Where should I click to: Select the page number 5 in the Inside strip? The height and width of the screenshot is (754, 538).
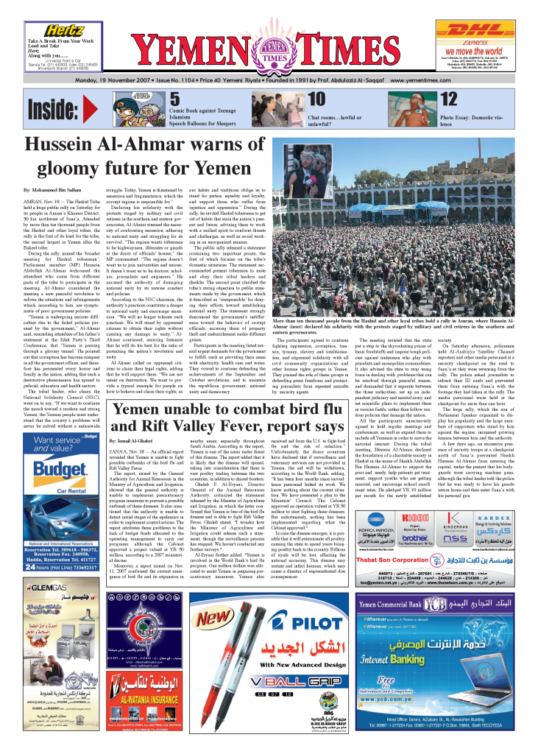(174, 99)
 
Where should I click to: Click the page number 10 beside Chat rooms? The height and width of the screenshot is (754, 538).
(316, 99)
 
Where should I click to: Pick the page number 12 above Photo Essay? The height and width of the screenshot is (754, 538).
(448, 99)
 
